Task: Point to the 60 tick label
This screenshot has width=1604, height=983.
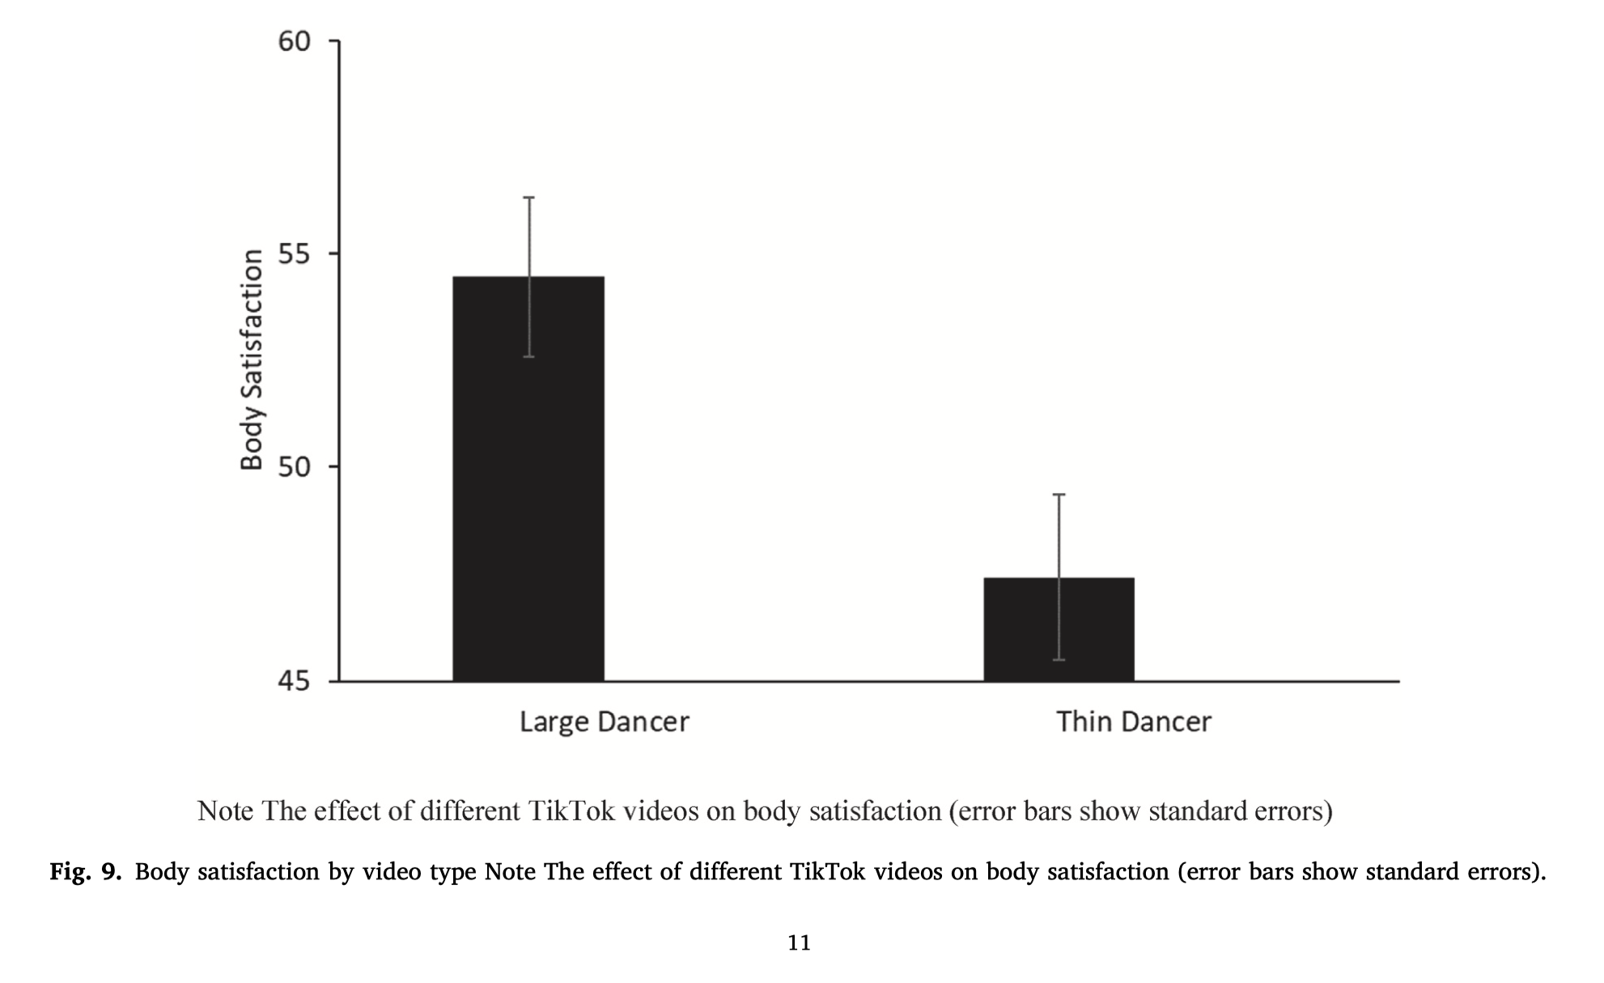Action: coord(295,41)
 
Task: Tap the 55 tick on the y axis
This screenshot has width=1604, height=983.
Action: coord(295,254)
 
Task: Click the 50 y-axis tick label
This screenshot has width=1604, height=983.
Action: coord(295,467)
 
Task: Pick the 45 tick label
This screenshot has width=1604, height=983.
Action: coord(295,681)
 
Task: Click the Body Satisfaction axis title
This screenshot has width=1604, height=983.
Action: coord(252,360)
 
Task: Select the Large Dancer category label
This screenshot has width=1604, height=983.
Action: coord(604,721)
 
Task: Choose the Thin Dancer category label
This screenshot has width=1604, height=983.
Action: coord(1133,721)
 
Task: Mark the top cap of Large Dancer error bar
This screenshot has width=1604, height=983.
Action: coord(529,198)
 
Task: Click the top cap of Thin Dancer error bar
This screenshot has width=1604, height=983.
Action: coord(1059,494)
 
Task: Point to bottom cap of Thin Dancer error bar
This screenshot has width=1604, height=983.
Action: coord(1059,660)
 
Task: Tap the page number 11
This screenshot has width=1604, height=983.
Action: coord(799,943)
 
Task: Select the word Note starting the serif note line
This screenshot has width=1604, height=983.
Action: coord(225,811)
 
